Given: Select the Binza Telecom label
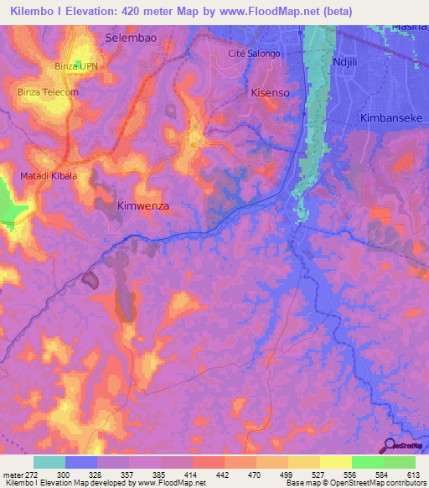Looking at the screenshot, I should (x=48, y=91).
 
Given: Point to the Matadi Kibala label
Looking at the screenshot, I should (x=49, y=176).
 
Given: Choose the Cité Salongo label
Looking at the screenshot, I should (x=254, y=53).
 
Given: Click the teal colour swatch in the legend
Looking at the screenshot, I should (x=49, y=462).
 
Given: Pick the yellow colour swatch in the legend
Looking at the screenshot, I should (x=335, y=462).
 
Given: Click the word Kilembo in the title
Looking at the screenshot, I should (x=37, y=11).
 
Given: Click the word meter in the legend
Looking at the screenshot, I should (x=12, y=474).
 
